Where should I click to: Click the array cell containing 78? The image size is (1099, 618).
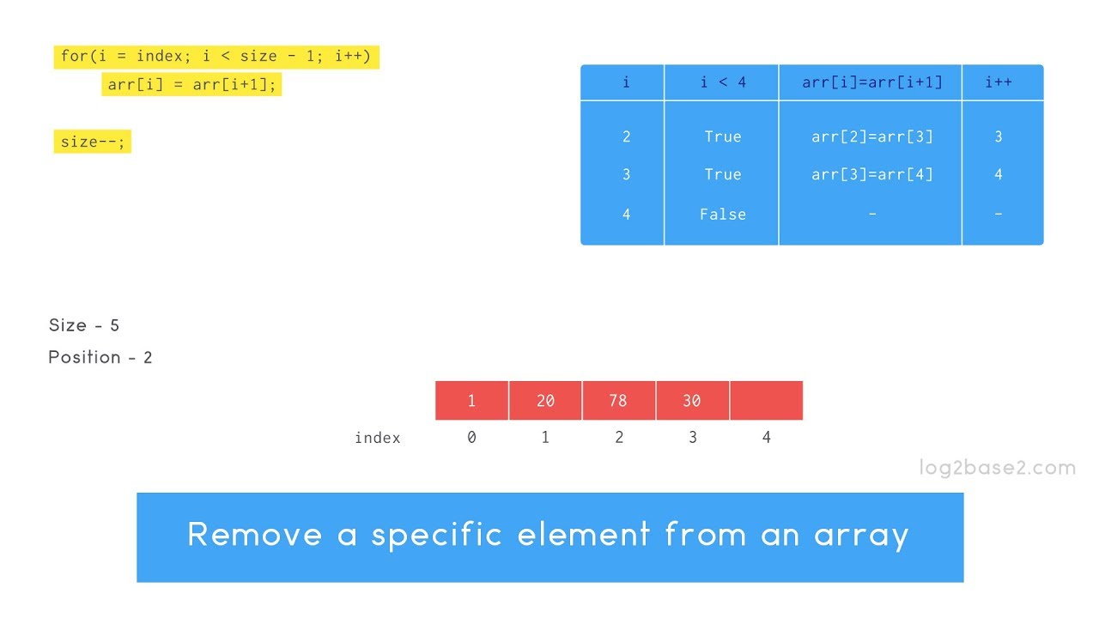coord(618,401)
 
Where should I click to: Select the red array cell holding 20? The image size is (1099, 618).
coord(545,401)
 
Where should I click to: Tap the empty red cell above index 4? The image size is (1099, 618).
coord(766,401)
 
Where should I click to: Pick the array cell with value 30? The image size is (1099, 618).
coord(692,401)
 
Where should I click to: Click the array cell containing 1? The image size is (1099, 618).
coord(471,401)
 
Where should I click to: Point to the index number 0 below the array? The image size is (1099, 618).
coord(471,438)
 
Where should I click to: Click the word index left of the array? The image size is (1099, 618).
coord(378,438)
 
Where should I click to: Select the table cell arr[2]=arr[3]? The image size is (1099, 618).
coord(871,136)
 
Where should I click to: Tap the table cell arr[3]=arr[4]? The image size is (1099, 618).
coord(871,174)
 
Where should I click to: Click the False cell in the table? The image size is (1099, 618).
coord(722,214)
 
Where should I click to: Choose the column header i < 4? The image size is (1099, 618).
coord(722,82)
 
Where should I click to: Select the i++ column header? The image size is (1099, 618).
coord(998,82)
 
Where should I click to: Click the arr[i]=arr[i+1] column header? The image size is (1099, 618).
coord(871,82)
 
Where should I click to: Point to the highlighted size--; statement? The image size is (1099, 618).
coord(92,142)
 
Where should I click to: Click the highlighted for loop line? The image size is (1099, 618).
coord(216,57)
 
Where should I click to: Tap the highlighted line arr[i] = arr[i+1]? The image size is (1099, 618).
coord(191,84)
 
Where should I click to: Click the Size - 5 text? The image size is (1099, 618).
coord(84,325)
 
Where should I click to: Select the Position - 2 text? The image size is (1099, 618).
coord(100,357)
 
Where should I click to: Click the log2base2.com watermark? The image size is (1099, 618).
coord(997,468)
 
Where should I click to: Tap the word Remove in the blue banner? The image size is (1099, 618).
coord(254,535)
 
